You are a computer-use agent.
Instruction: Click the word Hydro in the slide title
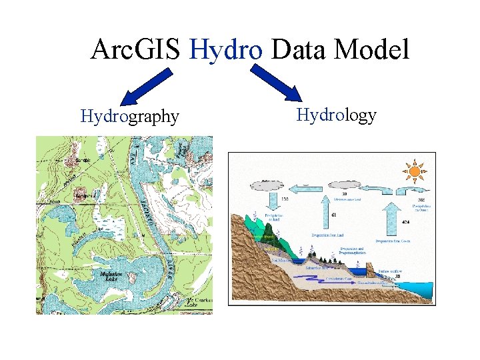227,50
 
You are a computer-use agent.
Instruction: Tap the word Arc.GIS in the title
137,50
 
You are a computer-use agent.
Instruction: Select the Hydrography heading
129,117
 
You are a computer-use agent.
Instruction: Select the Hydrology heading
336,115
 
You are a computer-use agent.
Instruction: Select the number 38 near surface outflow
397,275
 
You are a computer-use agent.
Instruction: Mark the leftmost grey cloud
267,185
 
